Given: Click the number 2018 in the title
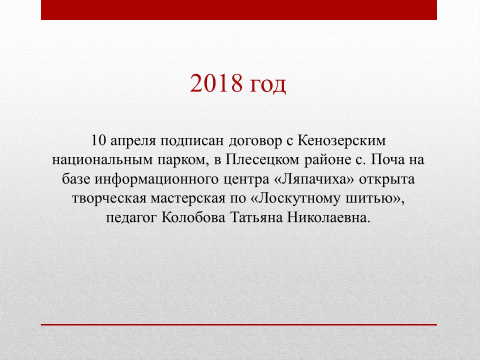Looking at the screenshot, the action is pyautogui.click(x=216, y=83).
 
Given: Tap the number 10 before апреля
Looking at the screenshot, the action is pyautogui.click(x=98, y=141).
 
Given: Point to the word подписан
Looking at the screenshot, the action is pyautogui.click(x=192, y=142).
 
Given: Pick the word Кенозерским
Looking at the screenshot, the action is pyautogui.click(x=341, y=141).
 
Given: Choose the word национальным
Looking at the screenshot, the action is pyautogui.click(x=102, y=160).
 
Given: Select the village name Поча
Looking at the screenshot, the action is pyautogui.click(x=387, y=160).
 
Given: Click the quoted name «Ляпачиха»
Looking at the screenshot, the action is pyautogui.click(x=313, y=179).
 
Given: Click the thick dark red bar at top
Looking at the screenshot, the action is pyautogui.click(x=239, y=10).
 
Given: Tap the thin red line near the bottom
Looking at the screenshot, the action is pyautogui.click(x=239, y=324).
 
